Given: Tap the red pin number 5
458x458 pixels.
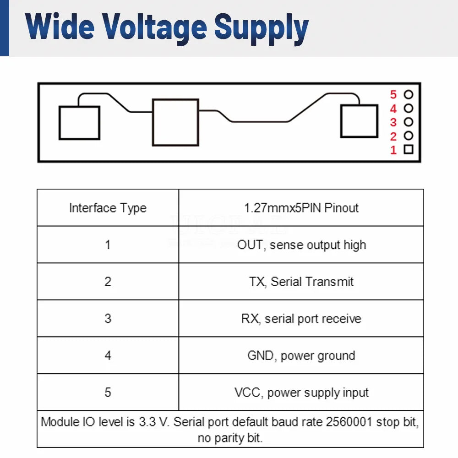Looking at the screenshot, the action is [x=393, y=95].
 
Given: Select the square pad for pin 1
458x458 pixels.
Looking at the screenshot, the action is [x=409, y=149].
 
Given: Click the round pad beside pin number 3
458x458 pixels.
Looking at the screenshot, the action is [x=409, y=122].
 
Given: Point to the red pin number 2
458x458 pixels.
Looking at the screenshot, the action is [x=393, y=136].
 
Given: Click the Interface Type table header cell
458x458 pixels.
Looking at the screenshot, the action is [x=108, y=207].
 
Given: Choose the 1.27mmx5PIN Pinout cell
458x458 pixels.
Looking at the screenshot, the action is [x=301, y=207].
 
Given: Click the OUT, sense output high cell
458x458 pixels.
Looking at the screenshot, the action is [x=301, y=245].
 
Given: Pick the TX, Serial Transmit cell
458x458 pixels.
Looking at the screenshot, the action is [x=301, y=282].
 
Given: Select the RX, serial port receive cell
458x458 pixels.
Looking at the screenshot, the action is [x=301, y=318].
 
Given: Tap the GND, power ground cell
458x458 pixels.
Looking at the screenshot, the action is [x=301, y=355].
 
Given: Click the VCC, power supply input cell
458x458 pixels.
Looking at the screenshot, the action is [x=301, y=393].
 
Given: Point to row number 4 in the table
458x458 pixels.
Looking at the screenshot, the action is [x=108, y=355].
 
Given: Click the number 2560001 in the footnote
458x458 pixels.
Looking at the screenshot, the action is [x=349, y=422].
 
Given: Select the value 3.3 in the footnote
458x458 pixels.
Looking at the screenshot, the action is [x=147, y=422].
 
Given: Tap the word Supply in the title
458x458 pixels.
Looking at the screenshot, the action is [x=262, y=29].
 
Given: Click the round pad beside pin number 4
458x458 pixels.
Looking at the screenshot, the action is [x=409, y=109].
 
